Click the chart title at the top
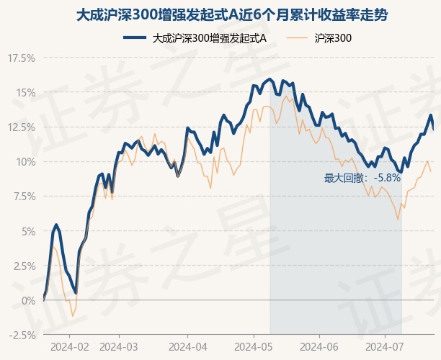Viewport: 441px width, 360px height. click(x=220, y=14)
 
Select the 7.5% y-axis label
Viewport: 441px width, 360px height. click(x=22, y=196)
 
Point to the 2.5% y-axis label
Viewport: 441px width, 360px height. click(x=22, y=266)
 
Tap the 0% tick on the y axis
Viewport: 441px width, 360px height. click(x=27, y=300)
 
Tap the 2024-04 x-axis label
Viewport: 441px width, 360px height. click(x=187, y=346)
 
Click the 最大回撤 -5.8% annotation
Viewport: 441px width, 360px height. click(x=362, y=177)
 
